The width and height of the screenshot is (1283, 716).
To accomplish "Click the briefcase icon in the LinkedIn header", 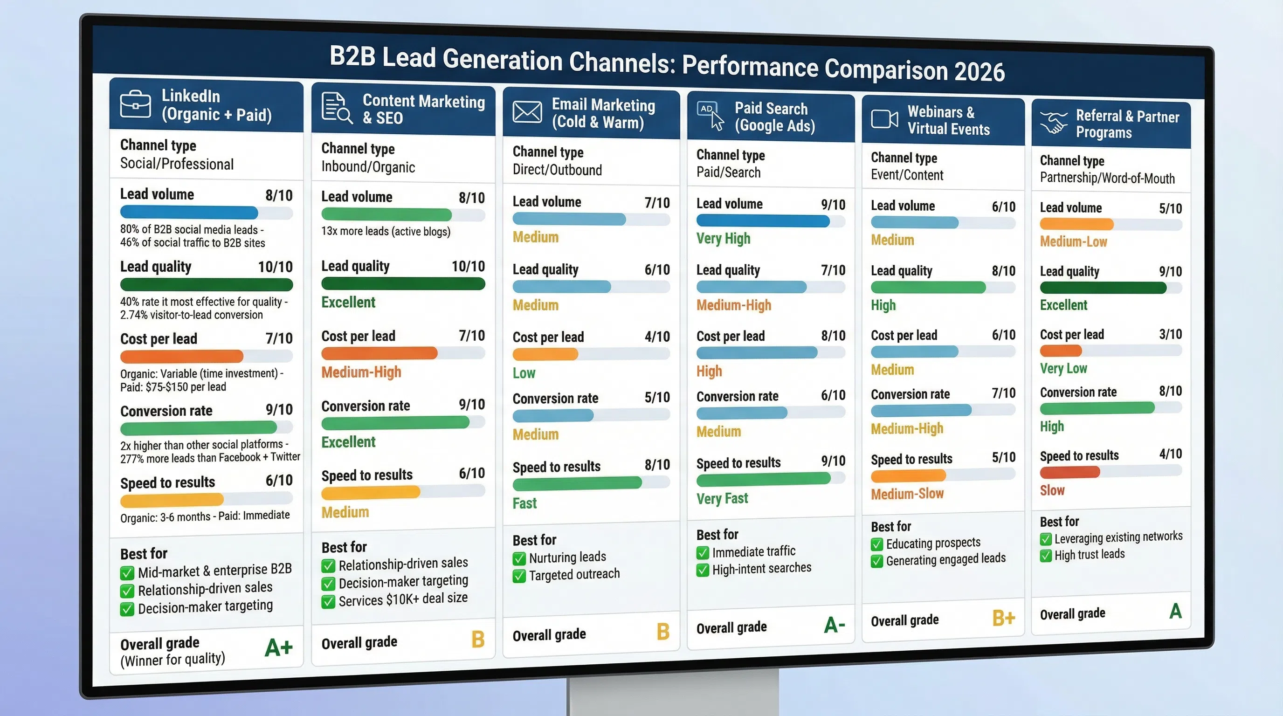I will click(136, 104).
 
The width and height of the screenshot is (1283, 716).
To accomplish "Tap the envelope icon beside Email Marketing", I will click(527, 111).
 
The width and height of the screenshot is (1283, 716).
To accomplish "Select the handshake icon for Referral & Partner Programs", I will click(1054, 123).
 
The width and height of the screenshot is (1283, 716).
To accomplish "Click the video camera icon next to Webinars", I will click(884, 119).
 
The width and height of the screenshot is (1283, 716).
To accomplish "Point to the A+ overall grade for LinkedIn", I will click(278, 648).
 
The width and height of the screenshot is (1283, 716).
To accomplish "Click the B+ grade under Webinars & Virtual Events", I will click(1003, 618).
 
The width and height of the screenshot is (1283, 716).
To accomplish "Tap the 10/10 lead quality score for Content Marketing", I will click(468, 266).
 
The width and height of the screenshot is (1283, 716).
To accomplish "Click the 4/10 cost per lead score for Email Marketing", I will click(657, 337).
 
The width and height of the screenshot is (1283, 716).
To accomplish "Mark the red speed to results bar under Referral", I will click(1069, 472).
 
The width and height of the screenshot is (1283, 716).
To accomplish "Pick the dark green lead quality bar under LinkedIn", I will click(206, 285).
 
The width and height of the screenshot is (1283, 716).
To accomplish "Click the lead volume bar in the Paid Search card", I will click(763, 220).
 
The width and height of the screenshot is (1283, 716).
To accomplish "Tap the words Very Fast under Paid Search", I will click(722, 498).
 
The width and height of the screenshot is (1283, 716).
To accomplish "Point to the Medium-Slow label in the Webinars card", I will click(907, 494).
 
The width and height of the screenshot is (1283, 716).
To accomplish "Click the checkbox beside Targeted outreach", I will click(519, 576).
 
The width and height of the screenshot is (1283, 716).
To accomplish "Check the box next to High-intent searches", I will click(702, 570).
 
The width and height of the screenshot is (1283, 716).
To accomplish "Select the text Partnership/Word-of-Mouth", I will click(1107, 178).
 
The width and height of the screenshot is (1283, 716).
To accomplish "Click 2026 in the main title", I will click(979, 72).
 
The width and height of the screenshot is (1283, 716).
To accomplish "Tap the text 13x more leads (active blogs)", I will click(386, 232).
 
